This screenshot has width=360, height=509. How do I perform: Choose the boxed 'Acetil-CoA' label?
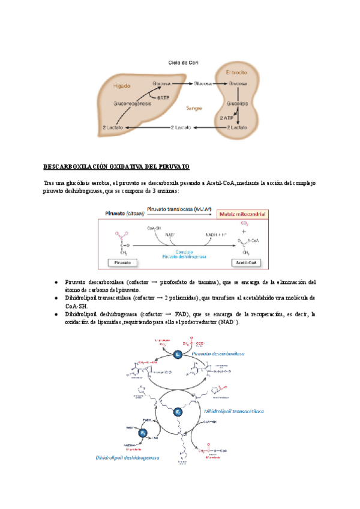[243, 262]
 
